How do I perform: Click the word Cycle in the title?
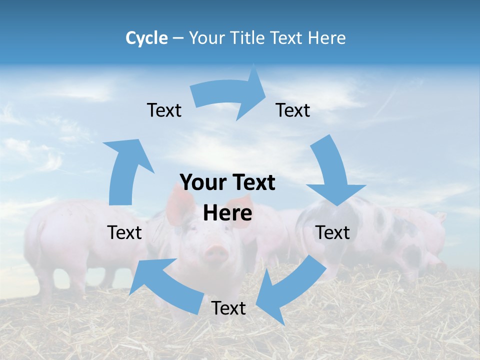pyautogui.click(x=146, y=38)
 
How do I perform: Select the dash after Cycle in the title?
pyautogui.click(x=178, y=38)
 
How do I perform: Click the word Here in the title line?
pyautogui.click(x=326, y=38)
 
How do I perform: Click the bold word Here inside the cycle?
pyautogui.click(x=227, y=213)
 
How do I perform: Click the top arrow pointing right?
pyautogui.click(x=230, y=95)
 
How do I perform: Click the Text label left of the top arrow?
pyautogui.click(x=164, y=110)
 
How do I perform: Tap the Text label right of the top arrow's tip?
pyautogui.click(x=293, y=110)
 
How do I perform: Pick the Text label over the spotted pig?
pyautogui.click(x=332, y=232)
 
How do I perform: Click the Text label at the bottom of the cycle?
pyautogui.click(x=228, y=308)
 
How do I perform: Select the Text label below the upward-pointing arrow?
pyautogui.click(x=124, y=232)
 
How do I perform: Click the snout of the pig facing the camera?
pyautogui.click(x=216, y=252)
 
